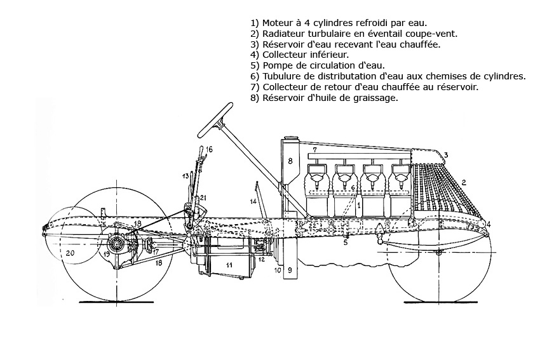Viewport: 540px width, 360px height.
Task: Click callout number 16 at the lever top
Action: click(x=209, y=149)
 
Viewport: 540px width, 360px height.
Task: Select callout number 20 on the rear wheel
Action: click(x=70, y=253)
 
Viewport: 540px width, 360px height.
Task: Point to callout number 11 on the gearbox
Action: click(x=229, y=263)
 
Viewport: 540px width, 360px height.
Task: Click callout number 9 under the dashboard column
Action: click(x=290, y=270)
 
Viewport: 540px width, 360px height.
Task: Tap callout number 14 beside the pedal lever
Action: click(x=252, y=202)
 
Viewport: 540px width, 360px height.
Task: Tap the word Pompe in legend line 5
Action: click(x=275, y=65)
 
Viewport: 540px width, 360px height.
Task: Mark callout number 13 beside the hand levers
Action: click(x=186, y=175)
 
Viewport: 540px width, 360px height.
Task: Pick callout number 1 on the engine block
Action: click(x=359, y=205)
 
